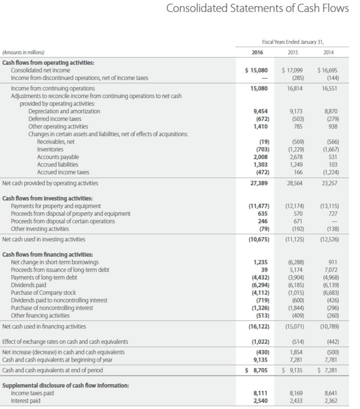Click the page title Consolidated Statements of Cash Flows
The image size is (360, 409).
pyautogui.click(x=257, y=8)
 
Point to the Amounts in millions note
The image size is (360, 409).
pyautogui.click(x=24, y=52)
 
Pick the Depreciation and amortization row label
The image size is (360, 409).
pyautogui.click(x=64, y=111)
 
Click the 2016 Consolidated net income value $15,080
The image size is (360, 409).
pyautogui.click(x=256, y=70)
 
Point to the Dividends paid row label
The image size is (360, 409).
pyautogui.click(x=28, y=285)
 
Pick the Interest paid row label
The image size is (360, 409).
pyautogui.click(x=26, y=401)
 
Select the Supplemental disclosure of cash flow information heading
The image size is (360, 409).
pyautogui.click(x=65, y=385)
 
